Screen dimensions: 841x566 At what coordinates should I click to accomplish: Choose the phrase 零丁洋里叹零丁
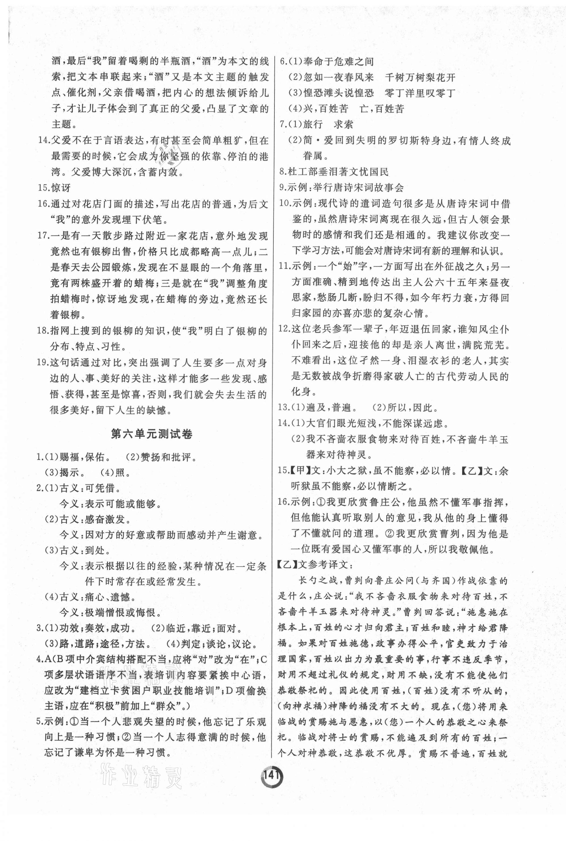pyautogui.click(x=420, y=93)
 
